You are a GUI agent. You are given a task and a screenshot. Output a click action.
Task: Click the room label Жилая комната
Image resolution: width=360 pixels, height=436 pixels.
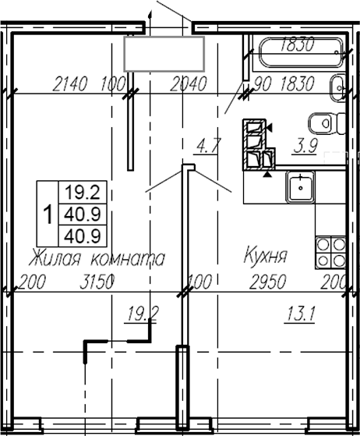[x=97, y=257]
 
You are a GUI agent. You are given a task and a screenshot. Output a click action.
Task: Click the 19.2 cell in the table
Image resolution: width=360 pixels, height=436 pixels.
[x=84, y=190]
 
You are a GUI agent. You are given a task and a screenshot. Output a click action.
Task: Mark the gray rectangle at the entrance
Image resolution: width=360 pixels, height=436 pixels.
[x=164, y=52]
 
